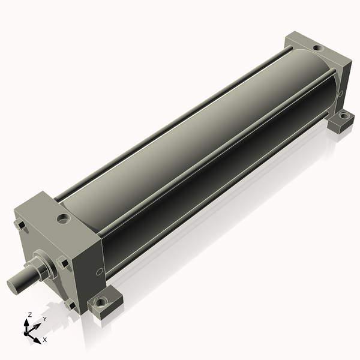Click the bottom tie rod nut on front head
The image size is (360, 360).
click(x=70, y=305)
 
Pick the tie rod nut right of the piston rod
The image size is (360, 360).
click(x=62, y=263)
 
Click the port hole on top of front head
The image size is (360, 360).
click(x=63, y=219)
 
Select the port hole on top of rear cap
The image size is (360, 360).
click(x=319, y=48)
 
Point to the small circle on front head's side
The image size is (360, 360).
click(x=99, y=272)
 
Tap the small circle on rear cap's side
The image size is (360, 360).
click(x=341, y=93)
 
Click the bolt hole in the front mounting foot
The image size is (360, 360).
click(x=100, y=302)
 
